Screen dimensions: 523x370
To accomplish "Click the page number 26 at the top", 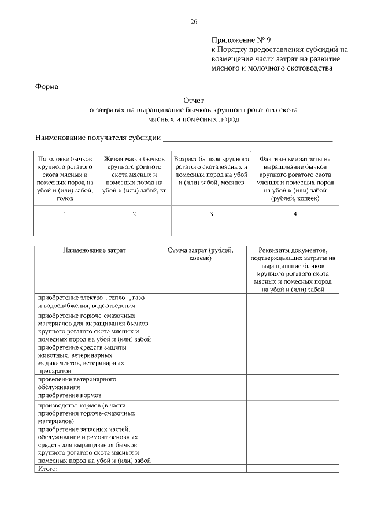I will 193,21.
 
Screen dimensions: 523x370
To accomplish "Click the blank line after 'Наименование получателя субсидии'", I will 247,139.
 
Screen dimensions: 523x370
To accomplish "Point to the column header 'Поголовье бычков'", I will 65,158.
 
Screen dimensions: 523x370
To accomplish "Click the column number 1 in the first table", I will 65,214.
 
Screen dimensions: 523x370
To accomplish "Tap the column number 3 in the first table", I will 211,214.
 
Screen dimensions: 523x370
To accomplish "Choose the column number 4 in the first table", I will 295,214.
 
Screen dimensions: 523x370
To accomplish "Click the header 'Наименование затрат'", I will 94,250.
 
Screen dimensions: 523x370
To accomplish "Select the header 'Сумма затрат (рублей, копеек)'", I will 200,254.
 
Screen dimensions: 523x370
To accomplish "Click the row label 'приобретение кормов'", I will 70,396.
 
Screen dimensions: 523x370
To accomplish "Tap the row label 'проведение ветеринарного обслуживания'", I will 77,383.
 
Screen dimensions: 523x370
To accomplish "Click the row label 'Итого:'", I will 48,469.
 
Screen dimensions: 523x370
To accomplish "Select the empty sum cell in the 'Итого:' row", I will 200,469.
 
